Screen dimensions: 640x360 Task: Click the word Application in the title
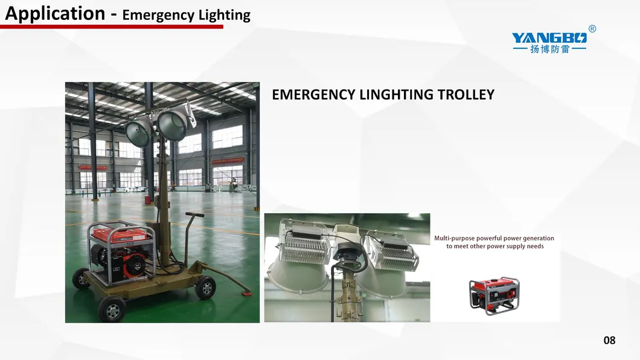coord(55,13)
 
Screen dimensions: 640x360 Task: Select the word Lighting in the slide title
coord(225,15)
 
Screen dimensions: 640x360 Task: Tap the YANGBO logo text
coord(549,38)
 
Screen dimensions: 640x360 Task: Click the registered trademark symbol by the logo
coord(592,28)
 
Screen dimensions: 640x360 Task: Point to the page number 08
coord(609,341)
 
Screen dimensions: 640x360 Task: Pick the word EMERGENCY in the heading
coord(313,95)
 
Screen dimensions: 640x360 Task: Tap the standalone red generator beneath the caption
coord(494,295)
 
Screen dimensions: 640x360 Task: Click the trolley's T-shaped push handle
coord(192,235)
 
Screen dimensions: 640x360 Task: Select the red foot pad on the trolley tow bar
coord(246,292)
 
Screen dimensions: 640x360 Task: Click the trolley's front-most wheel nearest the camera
coord(112,309)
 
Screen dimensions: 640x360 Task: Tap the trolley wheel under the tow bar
coord(205,287)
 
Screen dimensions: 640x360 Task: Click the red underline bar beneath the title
coord(112,27)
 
